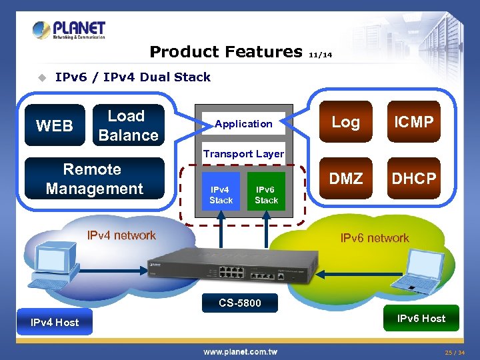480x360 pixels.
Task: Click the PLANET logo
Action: click(69, 30)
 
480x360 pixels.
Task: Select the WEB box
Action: click(55, 125)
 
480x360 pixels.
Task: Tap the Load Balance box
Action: click(129, 125)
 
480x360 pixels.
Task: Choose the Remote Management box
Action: click(95, 179)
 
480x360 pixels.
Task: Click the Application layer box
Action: click(244, 123)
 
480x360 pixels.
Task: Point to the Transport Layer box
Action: click(244, 153)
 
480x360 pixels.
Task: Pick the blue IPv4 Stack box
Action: click(221, 191)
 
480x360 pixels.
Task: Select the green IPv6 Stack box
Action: click(266, 191)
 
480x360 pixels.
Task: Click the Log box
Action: click(346, 121)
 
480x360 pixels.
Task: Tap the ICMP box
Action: click(414, 121)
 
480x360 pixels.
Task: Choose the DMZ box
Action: click(346, 178)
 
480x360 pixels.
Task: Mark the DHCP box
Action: click(414, 178)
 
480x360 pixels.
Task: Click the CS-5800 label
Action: click(240, 303)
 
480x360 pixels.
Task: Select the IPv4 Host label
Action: click(55, 322)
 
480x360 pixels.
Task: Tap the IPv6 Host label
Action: click(421, 319)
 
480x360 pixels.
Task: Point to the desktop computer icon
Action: click(53, 265)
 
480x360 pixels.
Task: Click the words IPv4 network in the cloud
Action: click(121, 235)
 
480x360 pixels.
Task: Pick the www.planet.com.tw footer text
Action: click(240, 352)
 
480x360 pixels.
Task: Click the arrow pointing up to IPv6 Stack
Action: click(266, 229)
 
